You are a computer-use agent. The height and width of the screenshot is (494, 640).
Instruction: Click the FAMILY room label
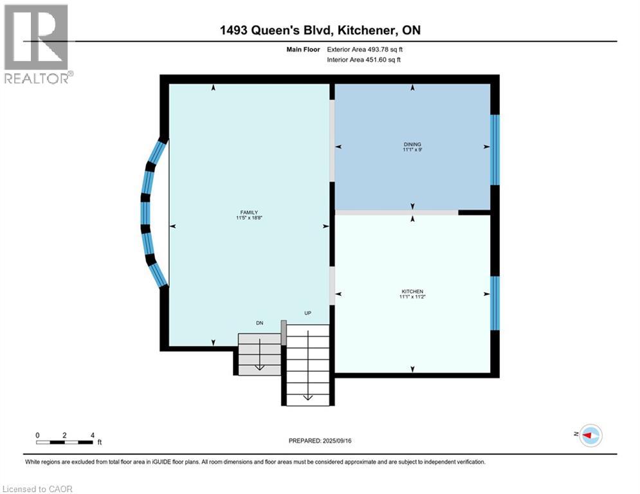(x=250, y=212)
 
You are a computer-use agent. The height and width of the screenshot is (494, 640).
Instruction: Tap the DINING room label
(x=412, y=144)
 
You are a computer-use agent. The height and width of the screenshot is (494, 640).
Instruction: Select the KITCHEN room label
(x=412, y=291)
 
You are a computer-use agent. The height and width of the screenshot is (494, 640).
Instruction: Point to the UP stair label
(x=307, y=313)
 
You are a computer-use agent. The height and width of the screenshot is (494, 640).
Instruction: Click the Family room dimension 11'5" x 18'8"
(x=250, y=219)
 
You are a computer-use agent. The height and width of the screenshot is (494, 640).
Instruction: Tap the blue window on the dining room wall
(x=495, y=149)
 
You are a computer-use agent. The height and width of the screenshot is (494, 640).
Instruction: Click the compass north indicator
(x=590, y=435)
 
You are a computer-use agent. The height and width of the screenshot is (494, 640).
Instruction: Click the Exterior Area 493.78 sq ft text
(x=365, y=49)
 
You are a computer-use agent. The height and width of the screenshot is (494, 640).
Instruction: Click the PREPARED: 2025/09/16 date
(x=320, y=441)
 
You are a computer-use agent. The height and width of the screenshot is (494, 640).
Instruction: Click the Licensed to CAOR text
(x=38, y=489)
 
